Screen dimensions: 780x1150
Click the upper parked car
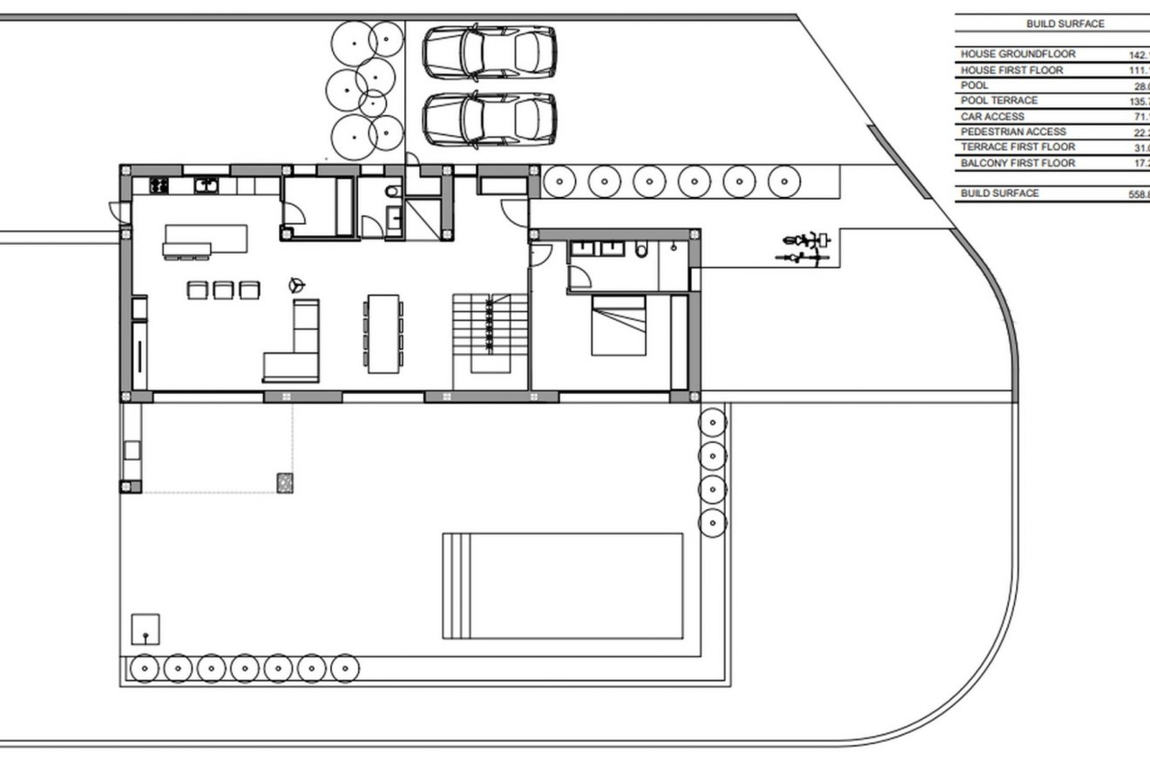point(489,52)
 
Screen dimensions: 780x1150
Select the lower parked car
point(489,119)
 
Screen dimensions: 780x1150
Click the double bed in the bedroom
point(619,325)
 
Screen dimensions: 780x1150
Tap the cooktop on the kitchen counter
point(160,185)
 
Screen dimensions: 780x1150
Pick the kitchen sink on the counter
point(207,185)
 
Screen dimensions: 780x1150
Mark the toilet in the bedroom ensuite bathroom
point(642,251)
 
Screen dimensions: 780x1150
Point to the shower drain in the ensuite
point(675,248)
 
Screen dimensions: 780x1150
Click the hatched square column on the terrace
point(285,481)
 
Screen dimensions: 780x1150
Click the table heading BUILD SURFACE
point(1065,24)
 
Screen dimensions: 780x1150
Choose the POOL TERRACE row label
point(999,101)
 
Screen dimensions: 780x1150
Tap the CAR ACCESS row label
point(992,117)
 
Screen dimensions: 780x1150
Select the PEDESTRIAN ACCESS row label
point(1013,132)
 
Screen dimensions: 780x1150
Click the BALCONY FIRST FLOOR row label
point(1018,163)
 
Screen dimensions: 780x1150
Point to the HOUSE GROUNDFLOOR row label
point(1018,54)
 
